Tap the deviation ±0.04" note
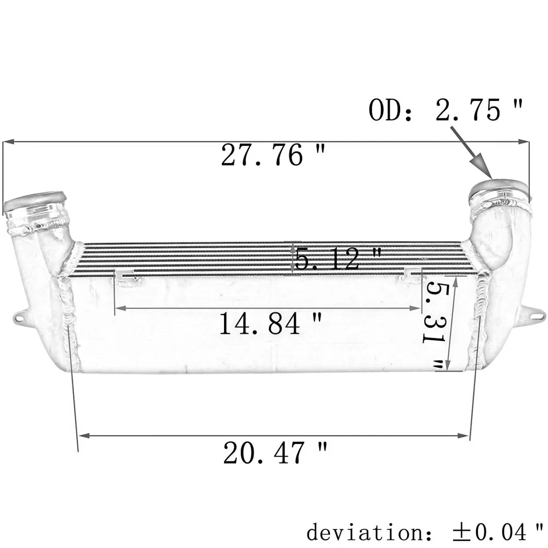point(425,531)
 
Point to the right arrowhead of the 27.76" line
point(526,142)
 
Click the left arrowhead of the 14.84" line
point(118,308)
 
